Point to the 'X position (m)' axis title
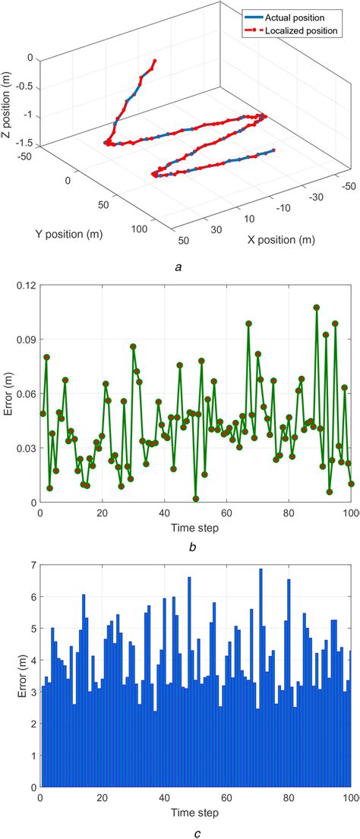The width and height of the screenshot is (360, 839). [280, 240]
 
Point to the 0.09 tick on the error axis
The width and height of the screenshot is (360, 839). [24, 339]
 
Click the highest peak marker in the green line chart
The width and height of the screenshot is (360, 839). [317, 308]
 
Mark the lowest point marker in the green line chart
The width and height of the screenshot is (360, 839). [196, 499]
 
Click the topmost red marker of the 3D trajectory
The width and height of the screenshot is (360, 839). [155, 61]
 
